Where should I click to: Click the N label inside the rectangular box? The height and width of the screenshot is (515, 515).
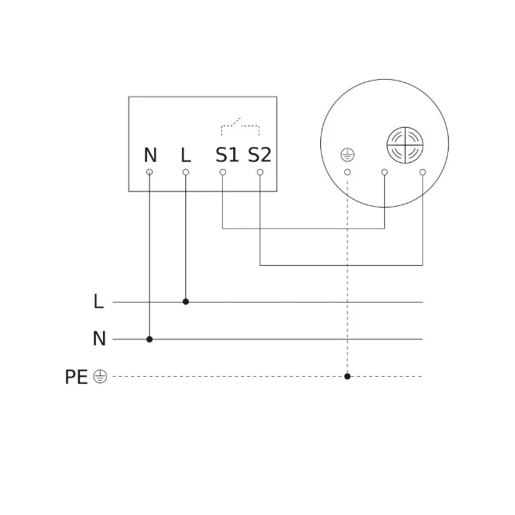tap(150, 155)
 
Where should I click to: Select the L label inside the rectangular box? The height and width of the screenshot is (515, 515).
tap(186, 155)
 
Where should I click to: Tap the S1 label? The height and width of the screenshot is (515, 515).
tap(227, 155)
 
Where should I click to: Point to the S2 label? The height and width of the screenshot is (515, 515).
tap(259, 155)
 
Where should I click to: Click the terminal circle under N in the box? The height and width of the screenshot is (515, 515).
tap(149, 172)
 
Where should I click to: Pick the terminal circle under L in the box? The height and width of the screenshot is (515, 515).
tap(185, 172)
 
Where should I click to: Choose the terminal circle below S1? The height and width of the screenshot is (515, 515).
tap(223, 172)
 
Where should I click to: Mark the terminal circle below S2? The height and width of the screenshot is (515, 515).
tap(259, 172)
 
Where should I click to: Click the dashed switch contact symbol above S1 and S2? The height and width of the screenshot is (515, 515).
tap(240, 126)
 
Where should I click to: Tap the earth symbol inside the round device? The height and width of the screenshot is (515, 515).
tap(347, 155)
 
